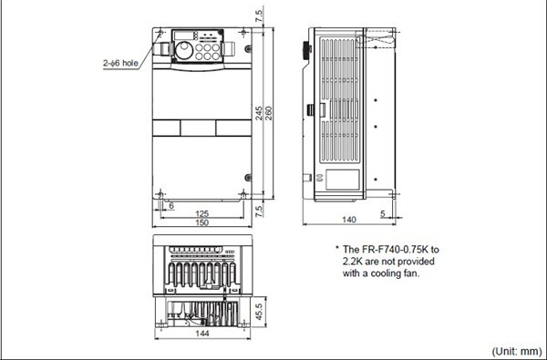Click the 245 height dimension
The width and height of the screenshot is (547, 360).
(259, 113)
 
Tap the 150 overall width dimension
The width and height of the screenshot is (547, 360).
(202, 223)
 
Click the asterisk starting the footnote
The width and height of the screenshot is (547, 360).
(336, 249)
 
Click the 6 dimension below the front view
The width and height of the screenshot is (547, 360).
(170, 205)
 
